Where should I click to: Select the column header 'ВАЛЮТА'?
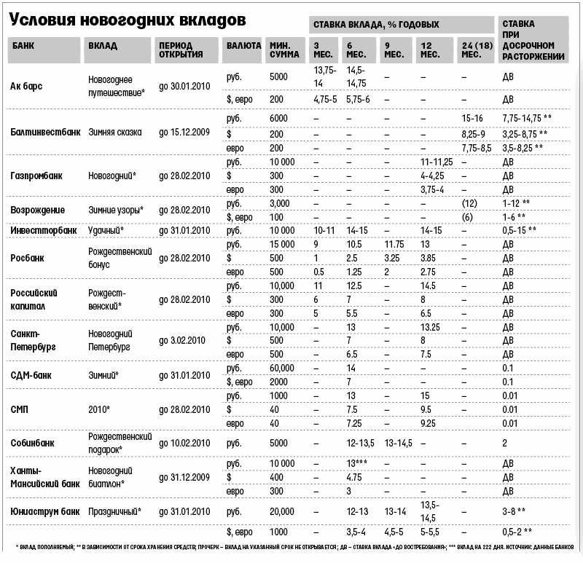(243, 44)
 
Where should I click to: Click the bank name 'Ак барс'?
(27, 86)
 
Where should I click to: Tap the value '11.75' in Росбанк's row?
(394, 244)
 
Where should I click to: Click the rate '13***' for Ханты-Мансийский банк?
(358, 463)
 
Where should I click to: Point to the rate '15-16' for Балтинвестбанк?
(473, 119)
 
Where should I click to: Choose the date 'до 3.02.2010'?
(181, 340)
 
